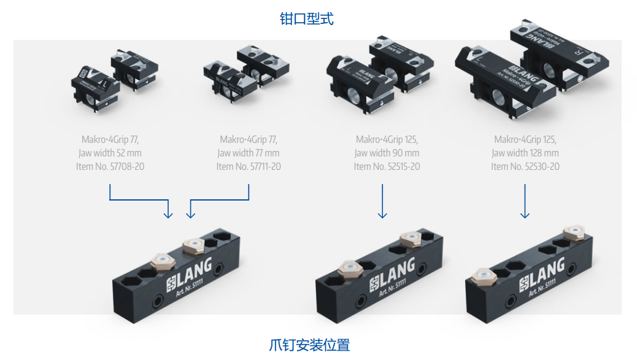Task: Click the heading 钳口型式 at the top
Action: [x=306, y=19]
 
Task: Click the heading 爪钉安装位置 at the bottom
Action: [x=309, y=345]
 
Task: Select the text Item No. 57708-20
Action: [x=111, y=167]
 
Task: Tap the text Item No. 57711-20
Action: [x=249, y=167]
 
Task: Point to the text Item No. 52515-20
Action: [x=387, y=167]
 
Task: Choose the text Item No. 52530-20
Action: [x=525, y=167]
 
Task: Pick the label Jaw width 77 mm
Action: [x=248, y=153]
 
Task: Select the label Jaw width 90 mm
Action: [x=387, y=153]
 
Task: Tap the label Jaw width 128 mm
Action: [x=525, y=153]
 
